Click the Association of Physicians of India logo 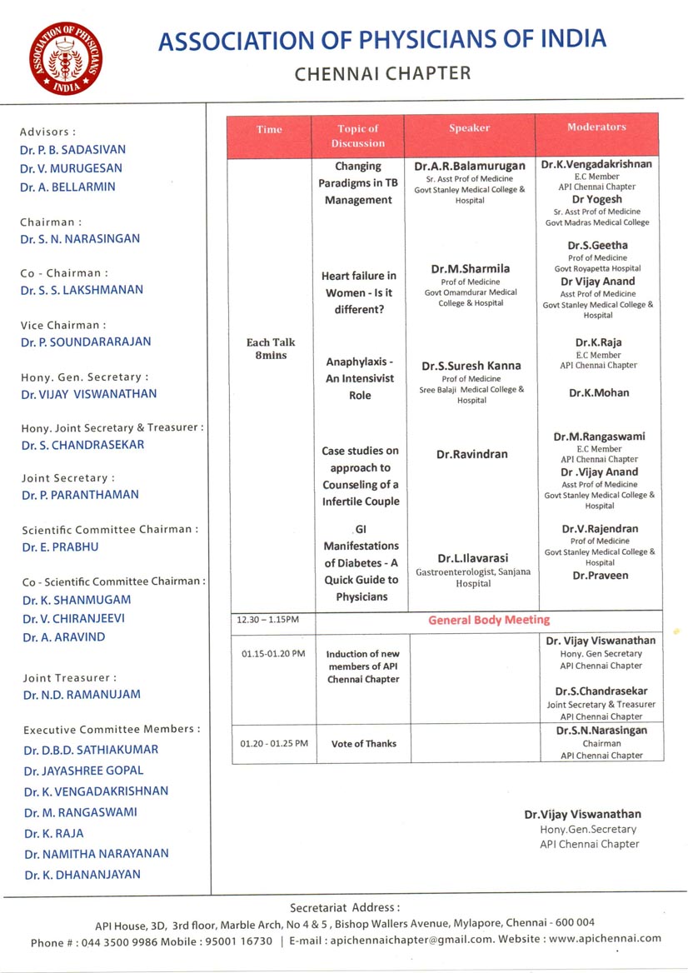[x=65, y=58]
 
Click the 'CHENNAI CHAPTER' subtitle [x=382, y=73]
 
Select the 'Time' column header [x=269, y=129]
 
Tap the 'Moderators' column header [x=596, y=127]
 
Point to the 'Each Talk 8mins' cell [x=271, y=349]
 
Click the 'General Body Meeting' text [x=489, y=620]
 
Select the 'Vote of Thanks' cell [x=364, y=743]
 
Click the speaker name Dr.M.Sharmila [x=471, y=269]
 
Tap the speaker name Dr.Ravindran [x=471, y=455]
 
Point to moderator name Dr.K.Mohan [x=599, y=392]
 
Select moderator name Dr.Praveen [x=600, y=576]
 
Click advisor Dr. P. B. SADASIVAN [x=73, y=150]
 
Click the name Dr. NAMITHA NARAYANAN [x=96, y=853]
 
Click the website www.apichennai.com [x=605, y=938]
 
